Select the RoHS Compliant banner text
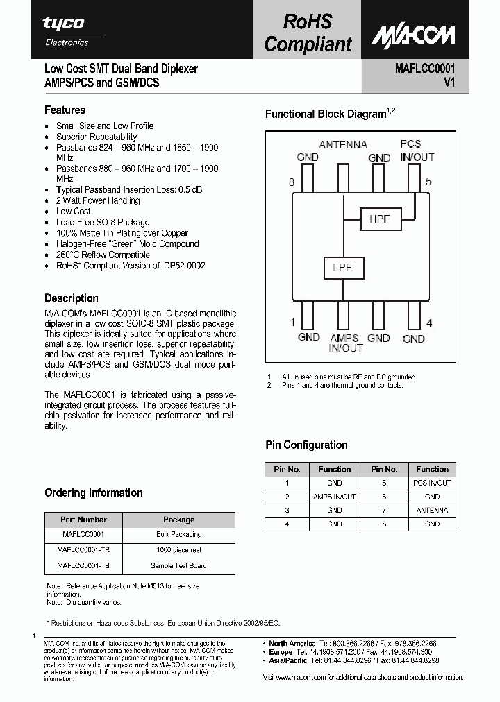pos(308,33)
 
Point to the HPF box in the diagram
pos(379,219)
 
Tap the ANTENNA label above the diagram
pos(343,145)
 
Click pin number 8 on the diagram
pos(292,182)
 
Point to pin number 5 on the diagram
pos(428,182)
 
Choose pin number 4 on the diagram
pos(429,322)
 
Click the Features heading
pos(65,110)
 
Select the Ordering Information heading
pos(94,493)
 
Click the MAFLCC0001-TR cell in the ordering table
pos(83,549)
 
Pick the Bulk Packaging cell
pos(178,534)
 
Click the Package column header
pos(178,520)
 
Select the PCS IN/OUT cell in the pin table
pos(432,483)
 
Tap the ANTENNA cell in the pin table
pos(432,511)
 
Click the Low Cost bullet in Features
pos(74,211)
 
